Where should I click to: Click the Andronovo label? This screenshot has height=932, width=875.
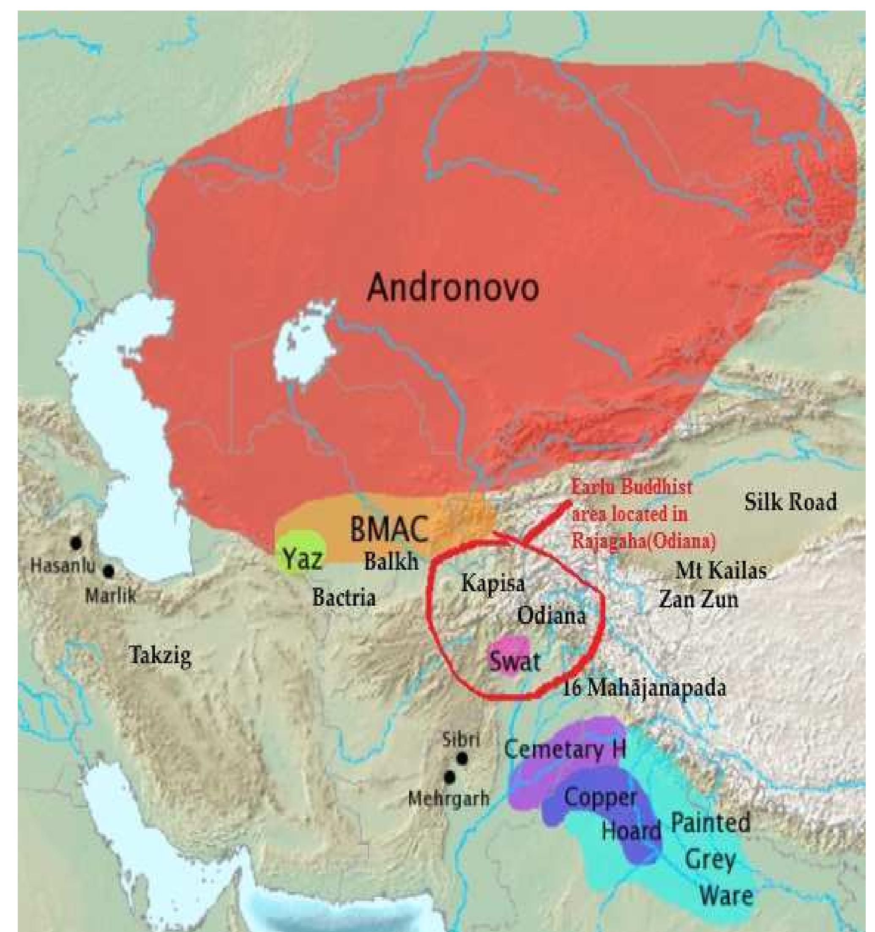click(x=452, y=288)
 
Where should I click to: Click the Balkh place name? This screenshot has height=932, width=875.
click(x=391, y=561)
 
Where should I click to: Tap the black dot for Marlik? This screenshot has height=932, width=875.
click(x=109, y=571)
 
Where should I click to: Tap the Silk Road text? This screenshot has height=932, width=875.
click(x=790, y=503)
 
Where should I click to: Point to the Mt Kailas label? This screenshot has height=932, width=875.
click(x=721, y=571)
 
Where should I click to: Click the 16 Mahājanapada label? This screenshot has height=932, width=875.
click(x=644, y=688)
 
